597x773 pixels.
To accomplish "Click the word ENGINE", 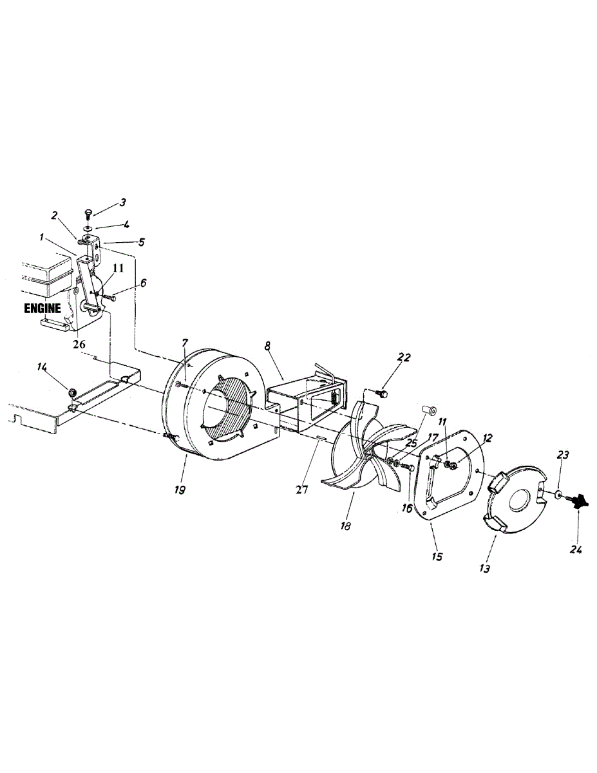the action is (43, 308).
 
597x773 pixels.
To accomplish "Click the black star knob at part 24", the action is (578, 502).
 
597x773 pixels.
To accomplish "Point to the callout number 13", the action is (485, 568).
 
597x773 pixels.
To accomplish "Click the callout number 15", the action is (437, 557).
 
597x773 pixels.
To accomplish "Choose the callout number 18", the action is (345, 526).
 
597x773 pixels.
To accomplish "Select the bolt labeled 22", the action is (383, 393).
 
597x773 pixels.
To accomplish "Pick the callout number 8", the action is (268, 345).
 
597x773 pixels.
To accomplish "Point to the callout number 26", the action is (79, 345).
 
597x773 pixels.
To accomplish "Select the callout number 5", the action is (141, 242).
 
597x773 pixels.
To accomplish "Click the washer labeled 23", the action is (558, 495).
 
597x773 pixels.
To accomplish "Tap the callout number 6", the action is (143, 283).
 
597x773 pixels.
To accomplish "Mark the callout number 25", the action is (412, 443).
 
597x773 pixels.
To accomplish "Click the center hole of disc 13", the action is (521, 502).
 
